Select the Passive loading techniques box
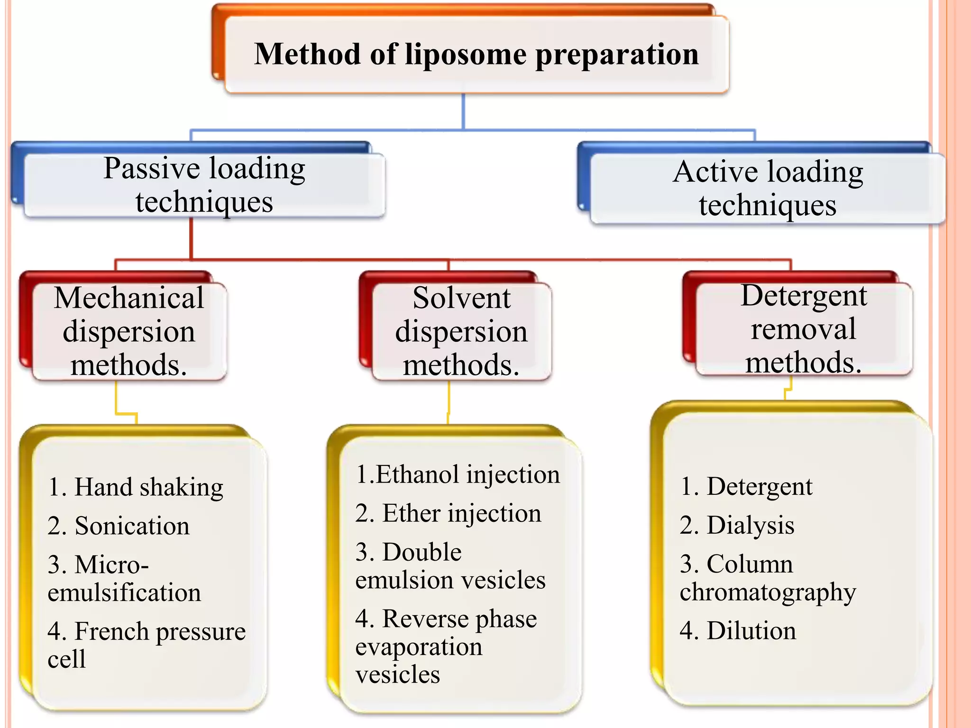tap(204, 185)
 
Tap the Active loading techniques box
tap(767, 188)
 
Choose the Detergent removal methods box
tap(804, 329)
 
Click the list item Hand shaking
tap(136, 487)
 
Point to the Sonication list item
tap(119, 526)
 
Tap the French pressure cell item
tap(146, 644)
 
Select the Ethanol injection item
tap(458, 474)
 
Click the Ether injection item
tap(448, 513)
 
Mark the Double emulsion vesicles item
tap(450, 566)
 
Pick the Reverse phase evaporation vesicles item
tap(446, 646)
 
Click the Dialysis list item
tap(737, 525)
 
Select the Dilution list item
tap(738, 631)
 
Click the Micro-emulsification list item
tap(124, 578)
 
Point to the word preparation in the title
tap(617, 55)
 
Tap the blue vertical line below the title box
tap(463, 111)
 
